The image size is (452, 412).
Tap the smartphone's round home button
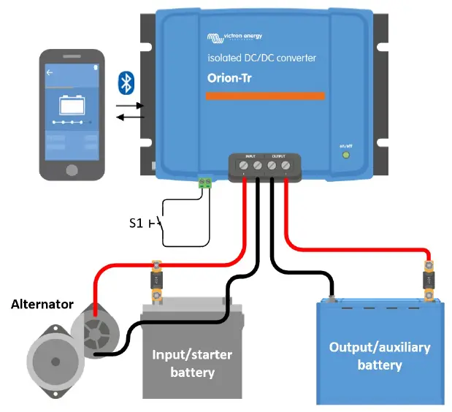tap(72, 169)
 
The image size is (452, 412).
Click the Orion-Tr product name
tap(229, 79)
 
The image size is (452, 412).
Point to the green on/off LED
tap(346, 154)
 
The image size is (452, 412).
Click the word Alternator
tap(42, 304)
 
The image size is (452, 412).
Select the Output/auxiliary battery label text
tap(379, 355)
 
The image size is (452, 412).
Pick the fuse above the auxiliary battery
tap(429, 280)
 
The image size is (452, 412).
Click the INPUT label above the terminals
tap(250, 156)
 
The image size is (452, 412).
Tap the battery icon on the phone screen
tap(72, 105)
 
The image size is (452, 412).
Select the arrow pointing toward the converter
tap(131, 105)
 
